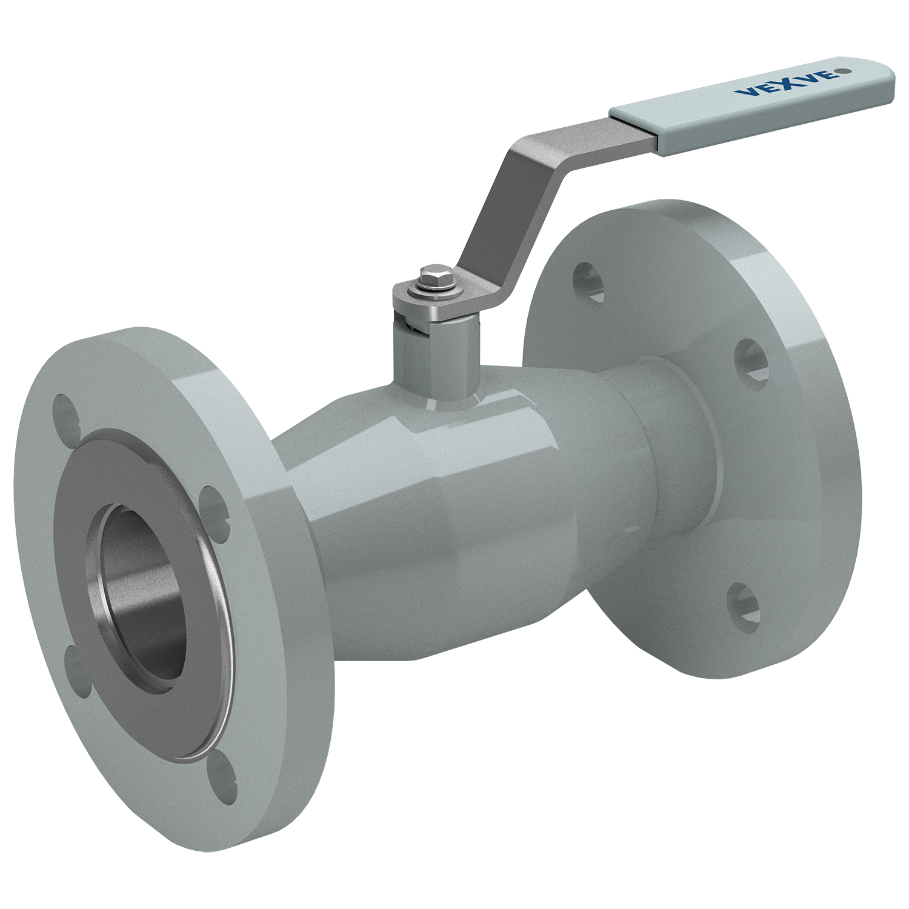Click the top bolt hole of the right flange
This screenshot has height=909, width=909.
[588, 281]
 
